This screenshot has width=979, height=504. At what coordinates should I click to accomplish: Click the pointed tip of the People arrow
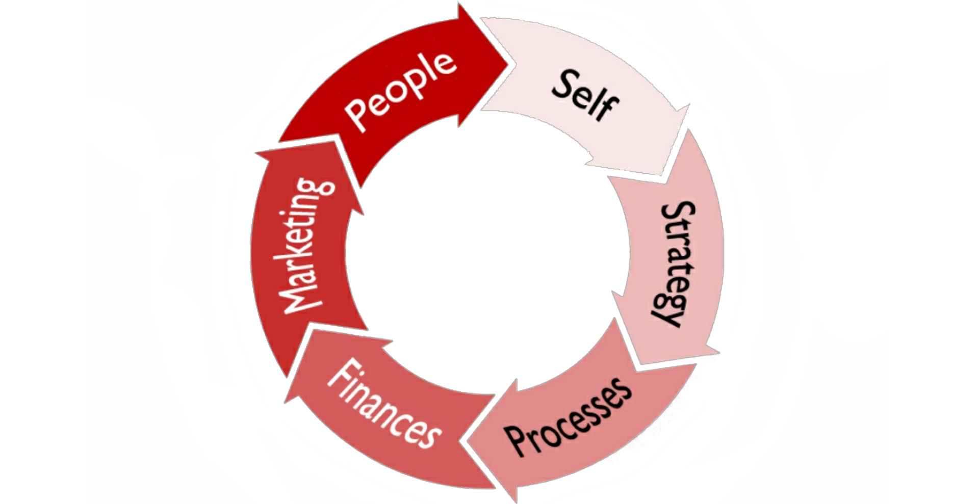508,62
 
